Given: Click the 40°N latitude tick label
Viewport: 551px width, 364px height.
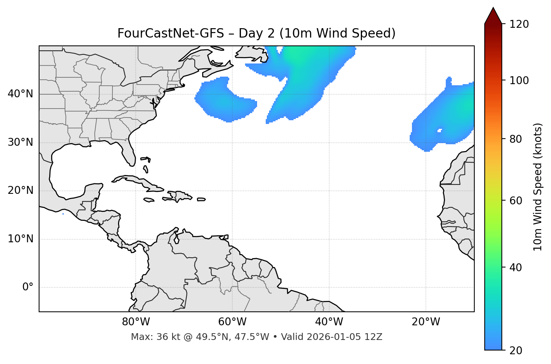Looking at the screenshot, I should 20,94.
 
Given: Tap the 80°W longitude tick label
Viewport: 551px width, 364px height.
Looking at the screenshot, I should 136,322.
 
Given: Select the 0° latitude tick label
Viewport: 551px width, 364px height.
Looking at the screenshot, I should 28,287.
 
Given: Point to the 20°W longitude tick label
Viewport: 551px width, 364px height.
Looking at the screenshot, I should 426,322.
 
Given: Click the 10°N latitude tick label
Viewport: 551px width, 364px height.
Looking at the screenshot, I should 20,239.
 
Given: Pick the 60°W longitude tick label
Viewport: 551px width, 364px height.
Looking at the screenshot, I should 232,322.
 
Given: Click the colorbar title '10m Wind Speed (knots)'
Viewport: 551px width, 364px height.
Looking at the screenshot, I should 538,187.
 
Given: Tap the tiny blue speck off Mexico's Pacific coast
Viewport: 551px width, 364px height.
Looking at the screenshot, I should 63,214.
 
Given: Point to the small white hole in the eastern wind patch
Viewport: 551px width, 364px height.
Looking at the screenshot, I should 439,130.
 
